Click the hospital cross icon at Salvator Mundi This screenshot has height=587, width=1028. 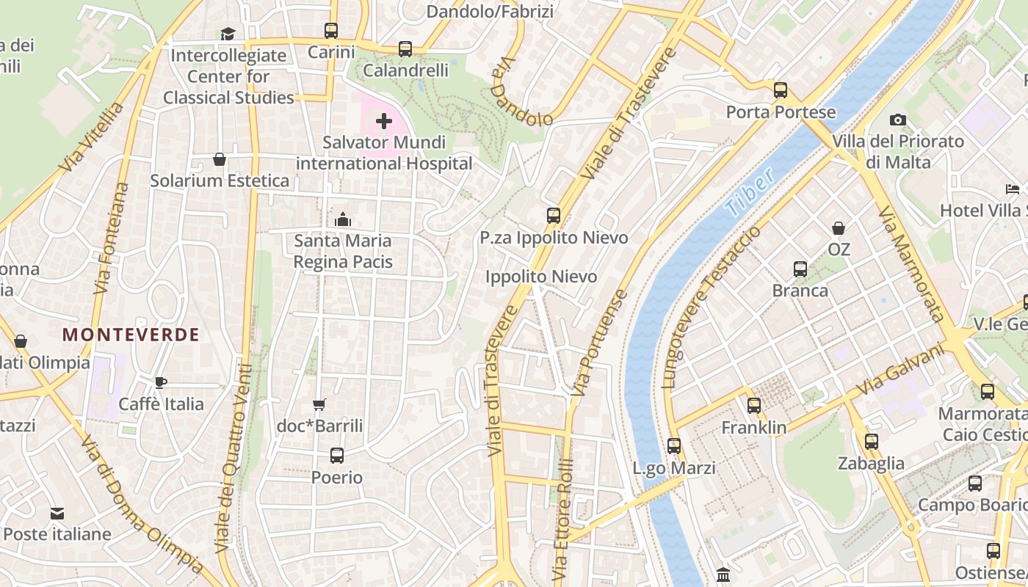click(383, 121)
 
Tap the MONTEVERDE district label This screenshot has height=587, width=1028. click(131, 335)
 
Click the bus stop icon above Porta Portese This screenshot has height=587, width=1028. click(780, 90)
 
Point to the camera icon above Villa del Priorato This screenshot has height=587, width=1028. click(897, 120)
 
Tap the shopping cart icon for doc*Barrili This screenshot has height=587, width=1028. click(319, 404)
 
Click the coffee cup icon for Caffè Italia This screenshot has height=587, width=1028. click(161, 382)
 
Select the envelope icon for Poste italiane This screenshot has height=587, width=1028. click(57, 513)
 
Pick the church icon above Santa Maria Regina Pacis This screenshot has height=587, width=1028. click(342, 219)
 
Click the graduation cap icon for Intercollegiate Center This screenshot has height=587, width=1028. click(228, 34)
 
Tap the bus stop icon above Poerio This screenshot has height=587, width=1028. click(336, 456)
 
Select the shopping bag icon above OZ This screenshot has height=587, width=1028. click(838, 228)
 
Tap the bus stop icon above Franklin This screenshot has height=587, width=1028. click(753, 406)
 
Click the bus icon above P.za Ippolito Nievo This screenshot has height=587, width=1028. click(554, 216)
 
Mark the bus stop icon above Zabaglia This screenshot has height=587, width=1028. click(871, 442)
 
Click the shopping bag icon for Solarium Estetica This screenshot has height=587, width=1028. click(219, 159)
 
